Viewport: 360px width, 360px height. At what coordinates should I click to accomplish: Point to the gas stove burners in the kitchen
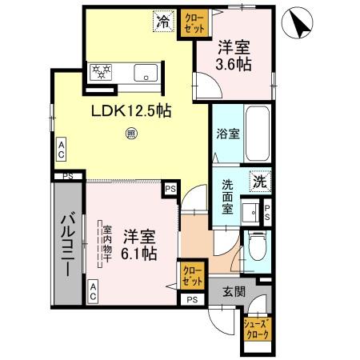pos(102,71)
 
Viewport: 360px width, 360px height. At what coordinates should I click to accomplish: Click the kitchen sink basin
pos(148,74)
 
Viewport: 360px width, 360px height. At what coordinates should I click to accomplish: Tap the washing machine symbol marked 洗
pos(260,182)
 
